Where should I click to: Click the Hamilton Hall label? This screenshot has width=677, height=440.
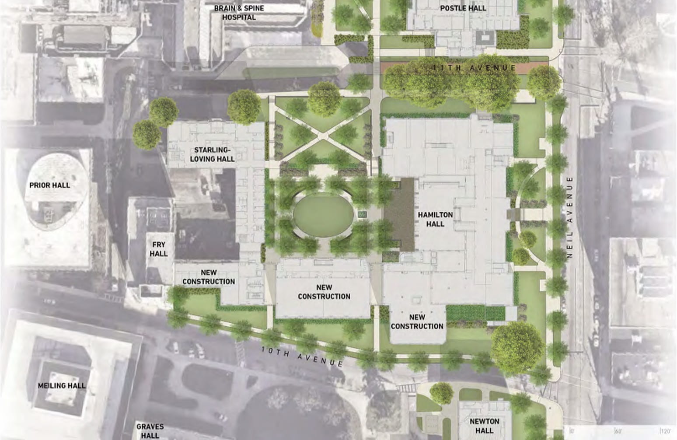pyautogui.click(x=435, y=219)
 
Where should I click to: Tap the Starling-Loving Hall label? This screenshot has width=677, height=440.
pyautogui.click(x=212, y=154)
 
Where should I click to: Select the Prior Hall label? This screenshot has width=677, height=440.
pyautogui.click(x=49, y=185)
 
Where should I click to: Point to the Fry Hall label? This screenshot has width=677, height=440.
pyautogui.click(x=158, y=249)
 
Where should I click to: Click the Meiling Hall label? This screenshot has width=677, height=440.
pyautogui.click(x=62, y=385)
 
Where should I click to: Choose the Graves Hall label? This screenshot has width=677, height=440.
pyautogui.click(x=150, y=431)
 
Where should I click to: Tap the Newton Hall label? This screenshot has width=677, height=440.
pyautogui.click(x=484, y=426)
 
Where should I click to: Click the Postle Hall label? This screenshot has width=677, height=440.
pyautogui.click(x=463, y=8)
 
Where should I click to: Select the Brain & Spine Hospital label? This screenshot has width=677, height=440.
pyautogui.click(x=239, y=12)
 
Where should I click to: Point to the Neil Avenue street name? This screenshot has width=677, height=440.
pyautogui.click(x=569, y=217)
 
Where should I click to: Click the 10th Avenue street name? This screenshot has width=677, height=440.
pyautogui.click(x=302, y=356)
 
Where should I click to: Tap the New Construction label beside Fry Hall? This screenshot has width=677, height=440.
pyautogui.click(x=209, y=277)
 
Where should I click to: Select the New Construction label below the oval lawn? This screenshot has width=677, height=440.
pyautogui.click(x=324, y=292)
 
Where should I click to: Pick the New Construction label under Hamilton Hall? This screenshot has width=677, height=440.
pyautogui.click(x=417, y=321)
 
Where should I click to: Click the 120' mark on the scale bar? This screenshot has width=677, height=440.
pyautogui.click(x=665, y=431)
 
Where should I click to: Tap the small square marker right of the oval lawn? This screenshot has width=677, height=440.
pyautogui.click(x=362, y=214)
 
